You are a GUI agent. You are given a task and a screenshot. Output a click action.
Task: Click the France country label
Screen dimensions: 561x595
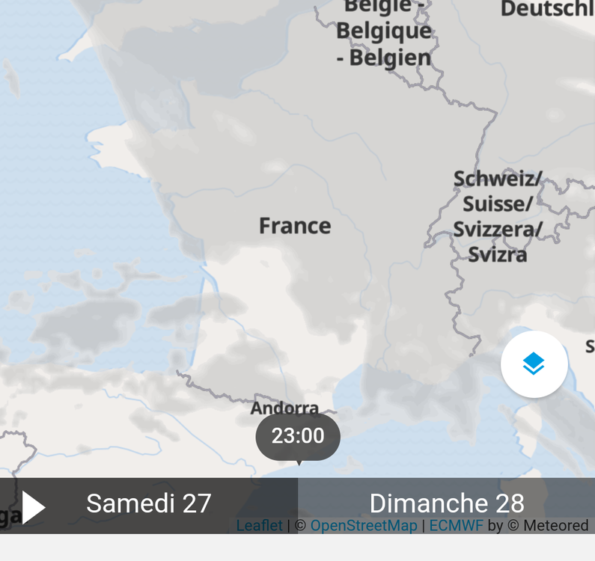tap(295, 226)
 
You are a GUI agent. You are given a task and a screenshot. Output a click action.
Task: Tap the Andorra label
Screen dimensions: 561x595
tap(284, 408)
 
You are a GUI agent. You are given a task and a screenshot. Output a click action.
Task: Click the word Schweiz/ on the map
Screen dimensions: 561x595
tap(497, 180)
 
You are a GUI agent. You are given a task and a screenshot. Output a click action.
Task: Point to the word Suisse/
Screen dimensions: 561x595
tap(497, 204)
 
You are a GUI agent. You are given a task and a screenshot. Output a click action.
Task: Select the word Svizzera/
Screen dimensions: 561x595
tap(497, 229)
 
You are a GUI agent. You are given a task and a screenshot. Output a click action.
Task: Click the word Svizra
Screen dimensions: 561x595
tap(498, 254)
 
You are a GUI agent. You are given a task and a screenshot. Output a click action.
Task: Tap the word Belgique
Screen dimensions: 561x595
tap(384, 31)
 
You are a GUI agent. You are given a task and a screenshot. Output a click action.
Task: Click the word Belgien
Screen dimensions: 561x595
tap(391, 58)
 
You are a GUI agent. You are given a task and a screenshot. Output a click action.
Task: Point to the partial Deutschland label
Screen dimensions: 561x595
tap(547, 9)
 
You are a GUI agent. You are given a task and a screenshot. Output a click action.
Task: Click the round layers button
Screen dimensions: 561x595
tap(534, 364)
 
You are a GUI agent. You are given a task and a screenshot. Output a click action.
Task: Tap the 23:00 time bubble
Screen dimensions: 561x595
tap(298, 436)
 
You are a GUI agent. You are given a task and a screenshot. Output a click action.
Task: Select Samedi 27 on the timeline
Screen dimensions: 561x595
tap(148, 503)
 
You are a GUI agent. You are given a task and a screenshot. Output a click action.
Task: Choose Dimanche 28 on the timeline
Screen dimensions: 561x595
tap(447, 503)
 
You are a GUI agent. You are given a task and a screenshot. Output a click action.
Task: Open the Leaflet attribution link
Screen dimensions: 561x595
tap(259, 526)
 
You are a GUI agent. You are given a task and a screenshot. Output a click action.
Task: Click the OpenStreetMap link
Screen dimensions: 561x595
tap(364, 526)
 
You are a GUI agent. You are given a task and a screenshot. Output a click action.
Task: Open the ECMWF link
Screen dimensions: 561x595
tap(456, 526)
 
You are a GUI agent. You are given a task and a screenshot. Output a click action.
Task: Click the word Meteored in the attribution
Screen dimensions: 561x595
tap(555, 526)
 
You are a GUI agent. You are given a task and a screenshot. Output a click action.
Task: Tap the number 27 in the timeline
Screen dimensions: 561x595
tap(197, 503)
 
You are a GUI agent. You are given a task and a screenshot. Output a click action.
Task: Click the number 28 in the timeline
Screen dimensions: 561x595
tap(509, 503)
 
